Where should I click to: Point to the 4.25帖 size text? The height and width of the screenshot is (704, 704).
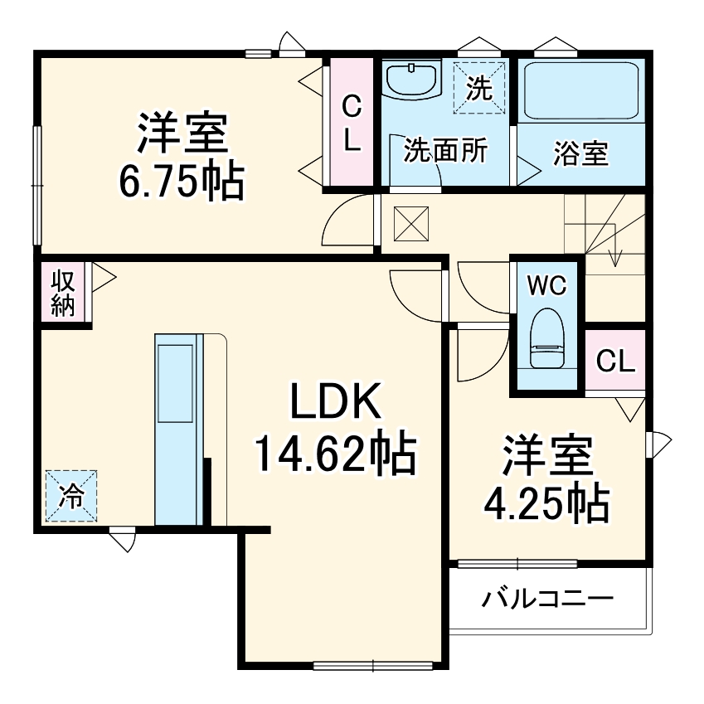(547, 502)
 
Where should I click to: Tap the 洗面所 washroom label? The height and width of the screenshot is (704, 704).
(444, 153)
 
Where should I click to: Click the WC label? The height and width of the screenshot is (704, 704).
(546, 286)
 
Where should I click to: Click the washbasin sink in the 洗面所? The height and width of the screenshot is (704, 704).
(412, 80)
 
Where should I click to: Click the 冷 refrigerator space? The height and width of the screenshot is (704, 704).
(70, 496)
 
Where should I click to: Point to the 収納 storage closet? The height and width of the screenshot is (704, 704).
(63, 293)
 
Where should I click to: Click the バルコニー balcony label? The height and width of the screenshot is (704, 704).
(548, 598)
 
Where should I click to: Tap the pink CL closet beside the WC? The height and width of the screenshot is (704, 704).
(615, 361)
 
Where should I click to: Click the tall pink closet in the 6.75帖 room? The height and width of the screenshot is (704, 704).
(352, 122)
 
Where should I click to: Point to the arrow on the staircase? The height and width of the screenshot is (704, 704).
(614, 254)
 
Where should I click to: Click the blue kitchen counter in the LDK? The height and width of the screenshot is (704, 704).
(177, 429)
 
